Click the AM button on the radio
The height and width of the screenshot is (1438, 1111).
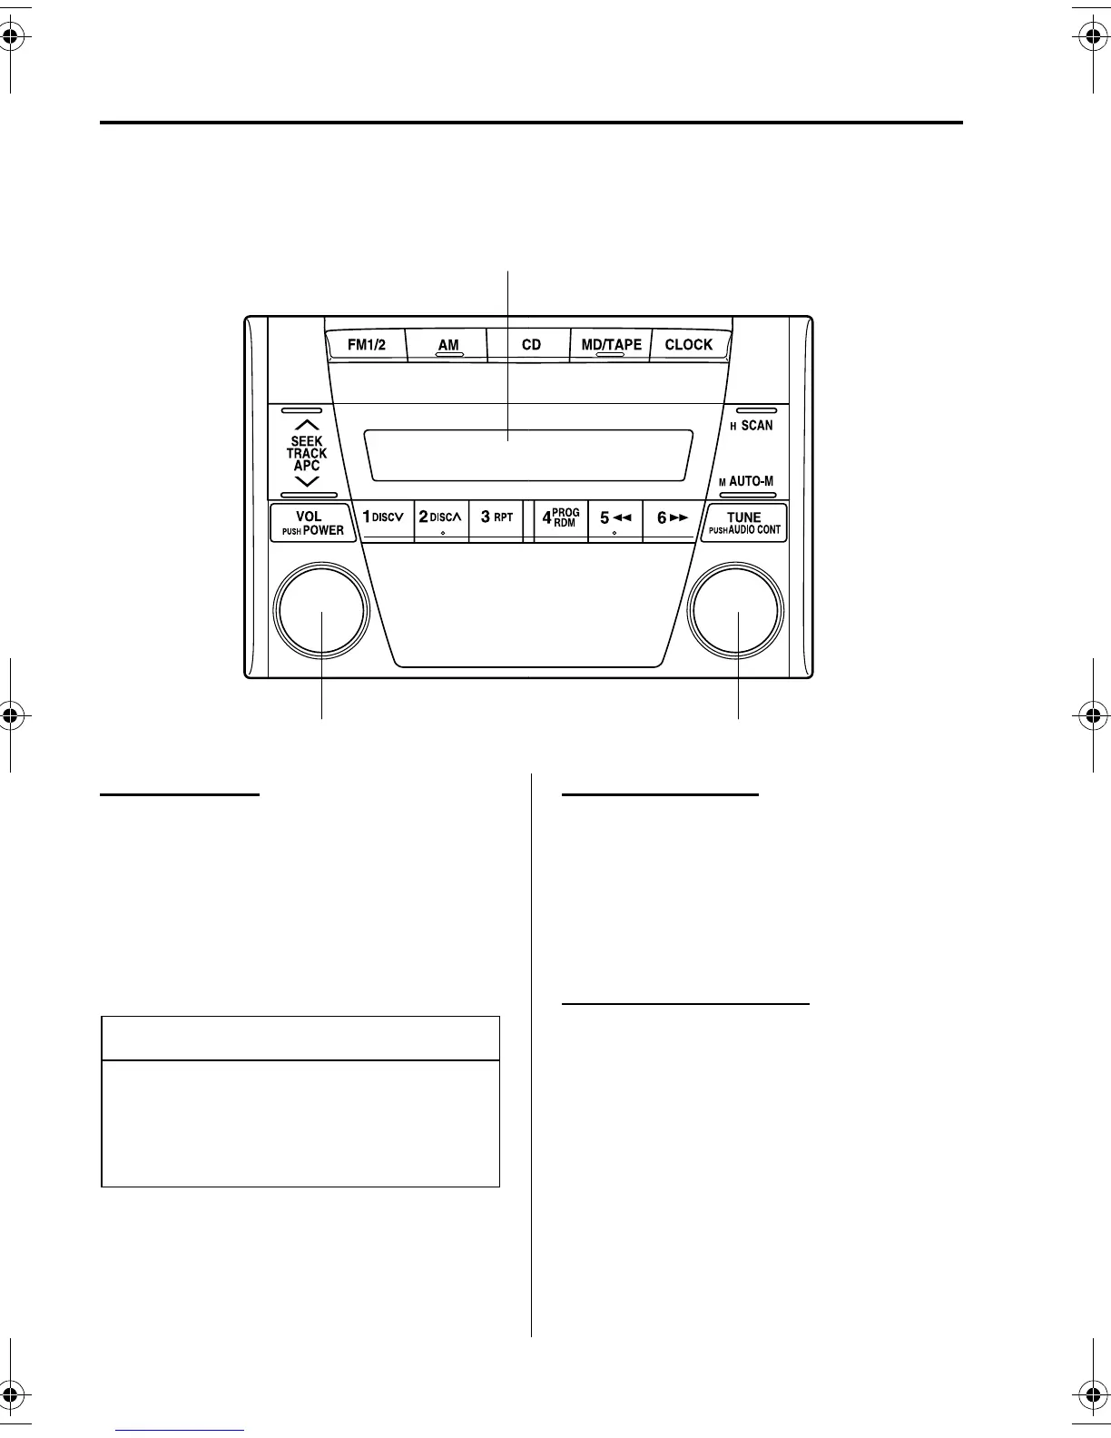click(x=447, y=345)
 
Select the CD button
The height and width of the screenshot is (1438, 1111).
click(x=531, y=345)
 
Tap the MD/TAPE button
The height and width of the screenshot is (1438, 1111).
click(x=611, y=345)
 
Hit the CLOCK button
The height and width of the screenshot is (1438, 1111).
click(x=689, y=345)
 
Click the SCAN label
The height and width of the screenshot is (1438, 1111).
click(x=756, y=425)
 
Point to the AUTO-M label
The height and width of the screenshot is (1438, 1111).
click(x=751, y=481)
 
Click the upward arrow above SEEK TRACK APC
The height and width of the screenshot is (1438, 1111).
click(x=307, y=425)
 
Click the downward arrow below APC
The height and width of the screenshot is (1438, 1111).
click(x=307, y=481)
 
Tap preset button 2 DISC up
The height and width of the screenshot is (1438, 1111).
click(x=441, y=519)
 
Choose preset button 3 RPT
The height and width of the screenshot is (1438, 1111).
click(x=497, y=519)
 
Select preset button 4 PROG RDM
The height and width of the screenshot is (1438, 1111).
click(x=561, y=519)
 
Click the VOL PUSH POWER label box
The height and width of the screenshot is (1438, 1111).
click(x=309, y=523)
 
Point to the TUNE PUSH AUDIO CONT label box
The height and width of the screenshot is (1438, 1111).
click(x=744, y=523)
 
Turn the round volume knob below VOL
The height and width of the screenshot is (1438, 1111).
click(x=322, y=611)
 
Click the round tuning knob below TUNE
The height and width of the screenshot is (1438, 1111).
click(x=736, y=611)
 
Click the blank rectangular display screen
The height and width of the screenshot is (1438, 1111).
click(x=528, y=455)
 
